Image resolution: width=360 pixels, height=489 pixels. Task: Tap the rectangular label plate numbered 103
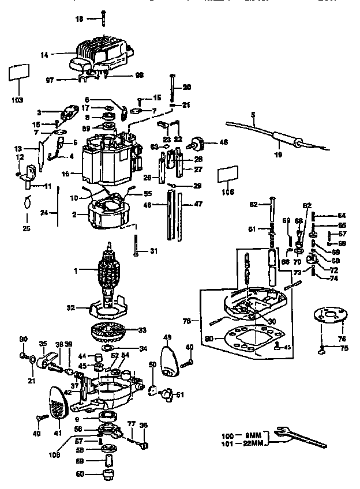click(18, 76)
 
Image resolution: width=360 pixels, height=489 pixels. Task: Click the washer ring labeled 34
click(108, 349)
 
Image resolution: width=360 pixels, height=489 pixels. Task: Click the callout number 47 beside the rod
click(198, 204)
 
